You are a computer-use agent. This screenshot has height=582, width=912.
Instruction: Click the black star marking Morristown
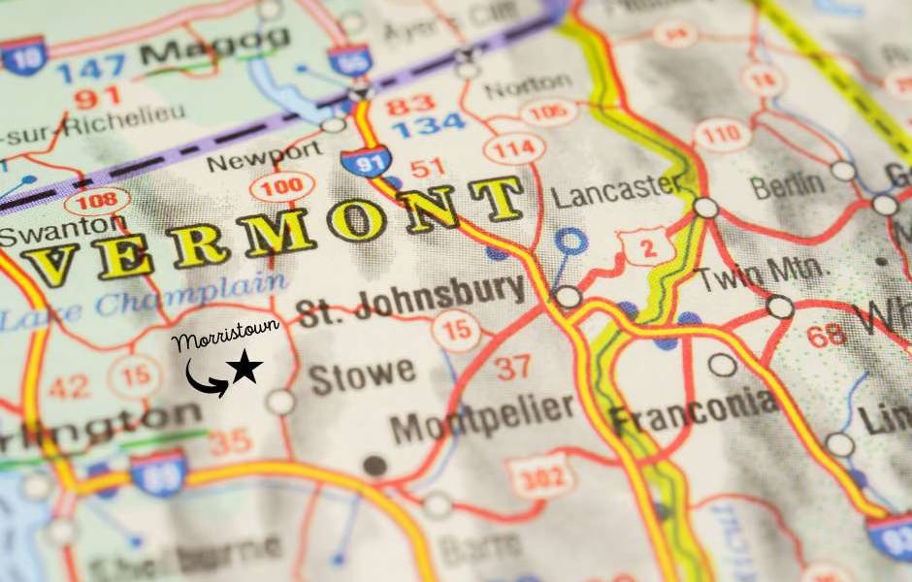click(x=245, y=368)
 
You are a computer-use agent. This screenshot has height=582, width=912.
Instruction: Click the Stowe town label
click(x=362, y=374)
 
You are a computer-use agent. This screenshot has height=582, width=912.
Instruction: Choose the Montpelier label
click(x=484, y=417)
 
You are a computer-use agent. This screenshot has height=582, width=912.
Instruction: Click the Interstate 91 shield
click(x=365, y=158)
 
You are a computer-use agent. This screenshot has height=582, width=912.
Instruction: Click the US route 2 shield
click(x=646, y=245)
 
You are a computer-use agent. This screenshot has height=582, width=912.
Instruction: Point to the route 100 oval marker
click(x=281, y=184)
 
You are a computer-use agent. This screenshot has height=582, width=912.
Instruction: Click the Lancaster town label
click(x=617, y=188)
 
